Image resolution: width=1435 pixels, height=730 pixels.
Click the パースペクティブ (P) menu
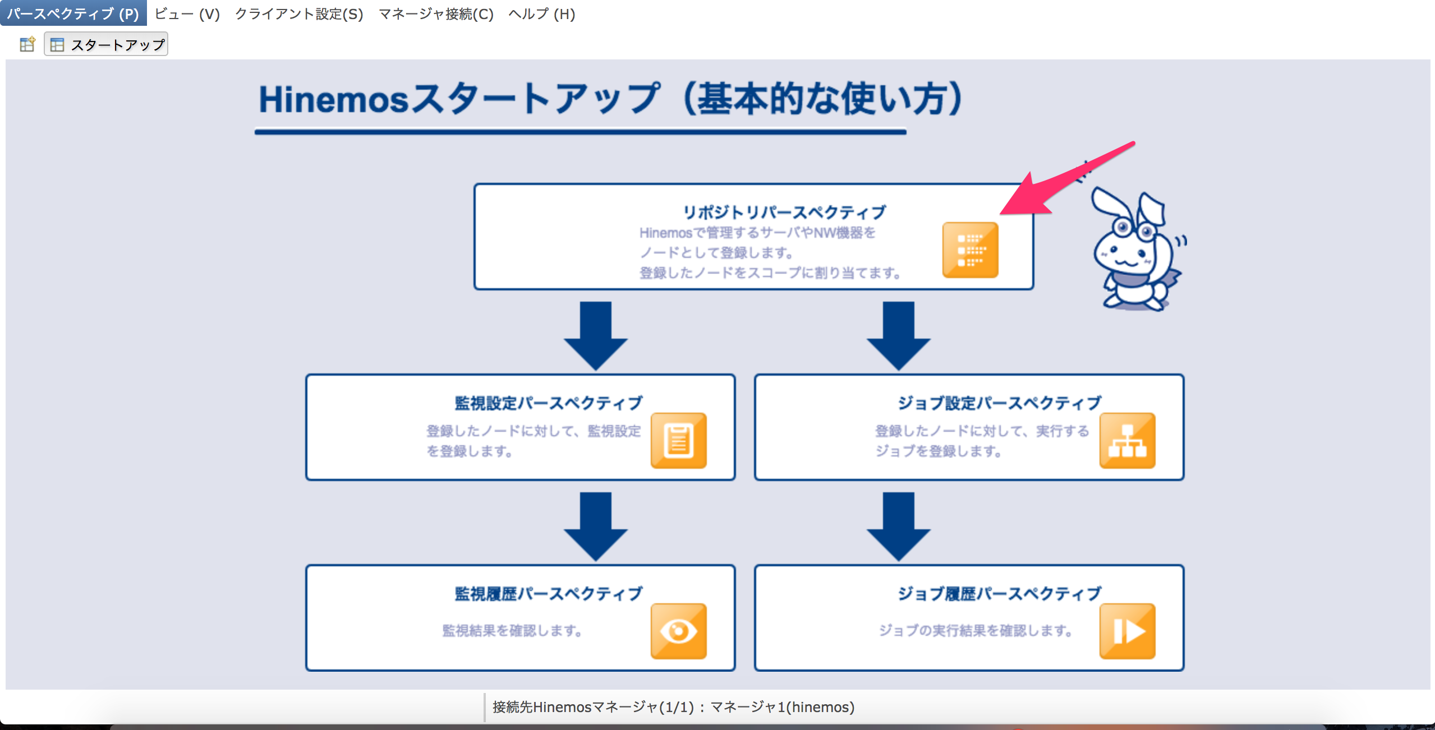73,13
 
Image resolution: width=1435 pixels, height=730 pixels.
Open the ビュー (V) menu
187,13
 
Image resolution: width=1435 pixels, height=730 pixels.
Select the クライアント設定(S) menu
298,13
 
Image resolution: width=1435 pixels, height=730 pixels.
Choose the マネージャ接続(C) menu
436,13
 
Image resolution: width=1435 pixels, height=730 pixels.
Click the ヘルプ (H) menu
541,13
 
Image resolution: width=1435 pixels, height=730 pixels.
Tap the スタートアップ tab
107,44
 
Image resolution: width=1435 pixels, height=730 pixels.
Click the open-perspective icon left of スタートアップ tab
27,44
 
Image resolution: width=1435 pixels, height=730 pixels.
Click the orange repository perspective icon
970,250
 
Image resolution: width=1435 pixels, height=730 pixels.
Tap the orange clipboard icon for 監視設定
678,441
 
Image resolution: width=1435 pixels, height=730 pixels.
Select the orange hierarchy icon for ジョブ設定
1127,441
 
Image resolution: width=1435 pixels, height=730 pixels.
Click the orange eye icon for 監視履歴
678,631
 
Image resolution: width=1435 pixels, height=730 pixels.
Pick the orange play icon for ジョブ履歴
1127,631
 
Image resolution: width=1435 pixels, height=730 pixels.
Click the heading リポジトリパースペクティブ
784,212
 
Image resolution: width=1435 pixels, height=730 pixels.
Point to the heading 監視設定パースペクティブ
548,403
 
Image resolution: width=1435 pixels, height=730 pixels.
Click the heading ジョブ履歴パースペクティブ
999,594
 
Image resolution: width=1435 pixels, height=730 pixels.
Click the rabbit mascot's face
1128,252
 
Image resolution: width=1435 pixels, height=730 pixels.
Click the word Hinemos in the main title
333,100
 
